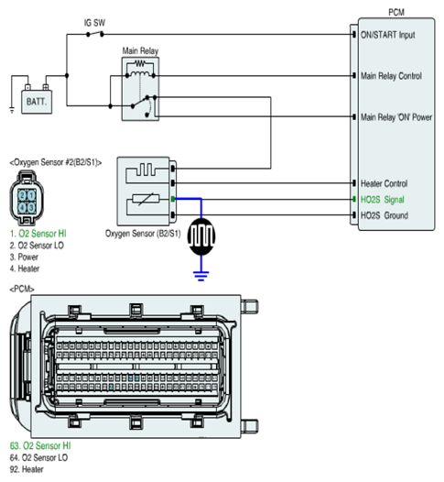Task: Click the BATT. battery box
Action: (x=37, y=102)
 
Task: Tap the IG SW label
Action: (x=94, y=23)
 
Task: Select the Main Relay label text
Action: (x=140, y=50)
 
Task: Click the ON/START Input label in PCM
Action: (x=388, y=35)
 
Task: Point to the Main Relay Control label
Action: (x=391, y=76)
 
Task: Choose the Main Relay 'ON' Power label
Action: (x=396, y=117)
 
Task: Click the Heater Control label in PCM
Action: (x=384, y=183)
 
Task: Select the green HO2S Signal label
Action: (x=383, y=200)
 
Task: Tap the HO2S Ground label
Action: (x=384, y=215)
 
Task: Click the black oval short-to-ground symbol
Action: (x=201, y=236)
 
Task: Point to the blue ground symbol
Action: (x=201, y=276)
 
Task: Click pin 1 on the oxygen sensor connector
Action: (x=32, y=195)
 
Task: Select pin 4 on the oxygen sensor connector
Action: (x=22, y=207)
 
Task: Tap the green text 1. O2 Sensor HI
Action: (x=38, y=234)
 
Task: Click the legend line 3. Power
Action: (x=24, y=257)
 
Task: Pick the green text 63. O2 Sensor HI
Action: (x=40, y=445)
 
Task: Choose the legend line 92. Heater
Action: (x=27, y=469)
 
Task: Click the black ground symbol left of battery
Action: (x=12, y=110)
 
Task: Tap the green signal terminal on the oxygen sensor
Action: (x=173, y=199)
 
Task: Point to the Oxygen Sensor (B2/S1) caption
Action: (x=143, y=234)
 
